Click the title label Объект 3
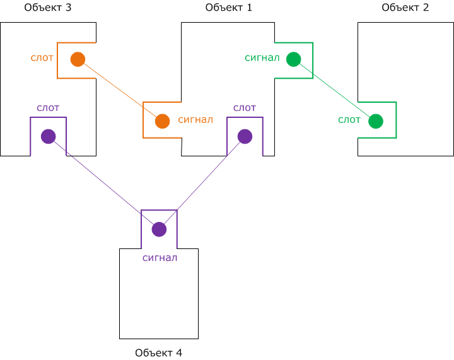(48, 8)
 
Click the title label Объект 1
(228, 8)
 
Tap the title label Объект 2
(405, 8)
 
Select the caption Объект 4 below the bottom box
(158, 352)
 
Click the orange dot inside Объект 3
(78, 59)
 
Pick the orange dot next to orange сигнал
(162, 120)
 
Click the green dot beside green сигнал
(293, 59)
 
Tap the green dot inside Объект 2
(376, 120)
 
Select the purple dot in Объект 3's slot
(48, 136)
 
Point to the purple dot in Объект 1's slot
(245, 136)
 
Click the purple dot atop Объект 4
(159, 229)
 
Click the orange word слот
(42, 58)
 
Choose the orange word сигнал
(195, 119)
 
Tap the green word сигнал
(262, 58)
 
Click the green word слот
(349, 119)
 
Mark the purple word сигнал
(160, 257)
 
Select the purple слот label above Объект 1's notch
(245, 108)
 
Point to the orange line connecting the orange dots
(120, 90)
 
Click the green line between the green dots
(334, 90)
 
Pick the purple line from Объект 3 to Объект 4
(103, 182)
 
